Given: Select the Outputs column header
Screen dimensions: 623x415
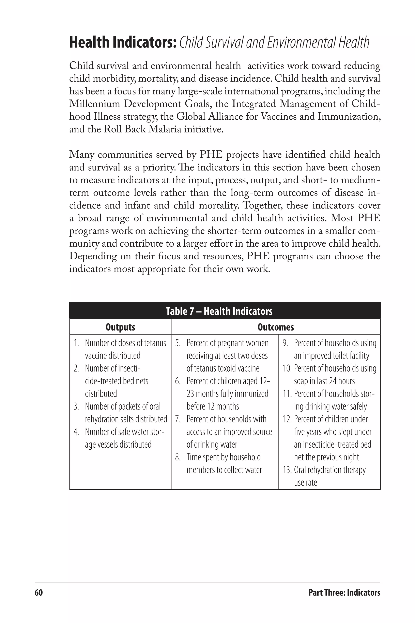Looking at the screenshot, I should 120,327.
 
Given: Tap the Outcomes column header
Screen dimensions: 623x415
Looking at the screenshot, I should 276,327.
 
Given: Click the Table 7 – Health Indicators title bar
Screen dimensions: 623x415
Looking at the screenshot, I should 219,311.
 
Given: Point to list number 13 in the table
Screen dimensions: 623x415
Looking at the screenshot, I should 287,470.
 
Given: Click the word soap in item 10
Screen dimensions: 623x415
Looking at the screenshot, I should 301,381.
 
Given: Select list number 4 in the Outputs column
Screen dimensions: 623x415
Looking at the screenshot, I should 76,432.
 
